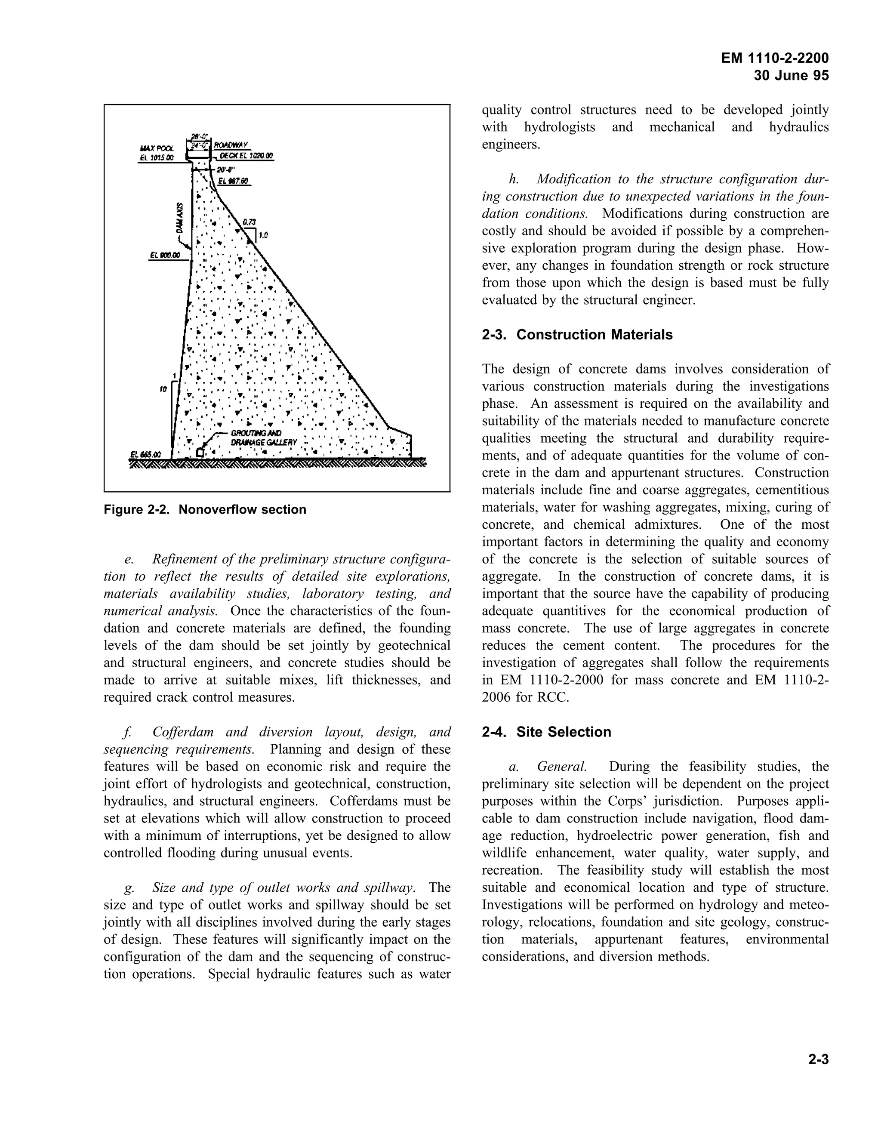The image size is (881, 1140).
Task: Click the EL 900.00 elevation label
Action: click(164, 255)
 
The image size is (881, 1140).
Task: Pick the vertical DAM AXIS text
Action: click(179, 218)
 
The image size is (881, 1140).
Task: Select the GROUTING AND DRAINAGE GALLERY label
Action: click(264, 438)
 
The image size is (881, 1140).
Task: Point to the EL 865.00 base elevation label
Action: click(146, 455)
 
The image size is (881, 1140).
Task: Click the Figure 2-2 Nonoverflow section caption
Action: click(205, 509)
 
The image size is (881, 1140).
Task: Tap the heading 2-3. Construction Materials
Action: click(577, 335)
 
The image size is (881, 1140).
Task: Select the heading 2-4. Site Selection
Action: click(546, 732)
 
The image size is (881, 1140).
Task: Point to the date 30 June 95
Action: click(791, 76)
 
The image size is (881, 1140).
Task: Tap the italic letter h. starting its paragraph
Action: click(514, 179)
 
